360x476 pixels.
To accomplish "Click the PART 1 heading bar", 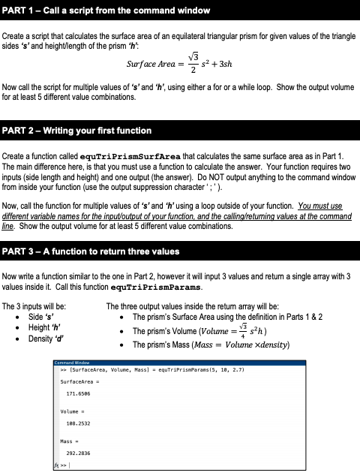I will pos(180,10).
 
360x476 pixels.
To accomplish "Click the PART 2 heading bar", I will pos(180,131).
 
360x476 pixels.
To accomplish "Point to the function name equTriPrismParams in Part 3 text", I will pos(145,286).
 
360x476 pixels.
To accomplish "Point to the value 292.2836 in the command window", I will pos(79,453).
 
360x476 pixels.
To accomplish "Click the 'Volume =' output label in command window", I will pos(71,411).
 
